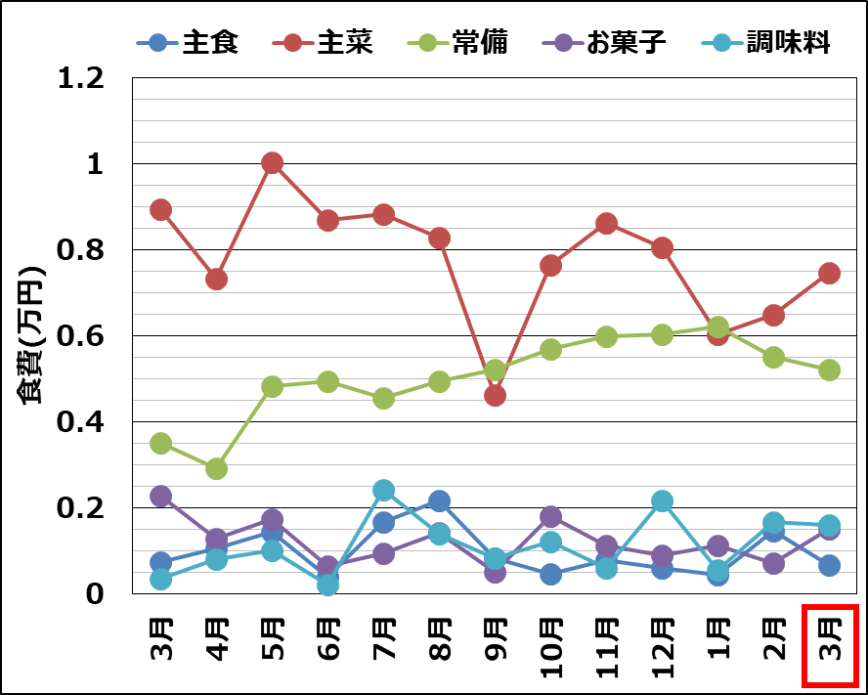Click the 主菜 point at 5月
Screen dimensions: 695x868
pos(272,163)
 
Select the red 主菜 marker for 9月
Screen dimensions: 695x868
pos(495,395)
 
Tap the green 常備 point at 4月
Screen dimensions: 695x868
pos(217,468)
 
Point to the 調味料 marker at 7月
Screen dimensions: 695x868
pos(383,490)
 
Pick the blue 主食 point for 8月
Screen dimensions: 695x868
pos(439,501)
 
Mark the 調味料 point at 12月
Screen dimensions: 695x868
pos(662,501)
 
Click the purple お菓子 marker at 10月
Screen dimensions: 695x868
pos(550,517)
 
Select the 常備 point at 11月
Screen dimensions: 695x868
pos(606,337)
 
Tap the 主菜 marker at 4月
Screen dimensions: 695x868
pos(217,280)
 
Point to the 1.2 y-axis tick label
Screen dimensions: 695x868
pos(80,78)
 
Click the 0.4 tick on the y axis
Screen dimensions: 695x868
pos(80,422)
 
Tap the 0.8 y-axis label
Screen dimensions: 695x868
pos(80,250)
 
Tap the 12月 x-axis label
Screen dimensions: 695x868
pos(663,649)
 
